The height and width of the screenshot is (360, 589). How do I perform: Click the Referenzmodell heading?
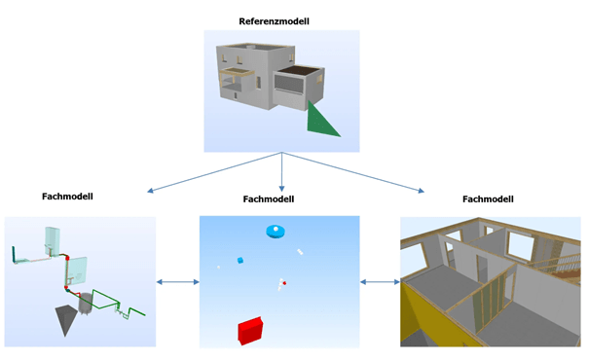point(280,19)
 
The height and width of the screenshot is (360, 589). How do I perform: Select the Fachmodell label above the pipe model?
point(67,196)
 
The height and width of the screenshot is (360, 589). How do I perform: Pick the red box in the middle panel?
point(251,330)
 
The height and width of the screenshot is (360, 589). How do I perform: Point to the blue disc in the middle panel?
point(276,231)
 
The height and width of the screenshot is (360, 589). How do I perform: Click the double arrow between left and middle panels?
point(177,283)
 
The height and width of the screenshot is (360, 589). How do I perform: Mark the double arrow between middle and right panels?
point(380,283)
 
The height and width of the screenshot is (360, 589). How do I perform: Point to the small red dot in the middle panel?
point(283,283)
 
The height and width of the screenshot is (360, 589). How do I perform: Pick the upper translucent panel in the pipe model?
point(52,238)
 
